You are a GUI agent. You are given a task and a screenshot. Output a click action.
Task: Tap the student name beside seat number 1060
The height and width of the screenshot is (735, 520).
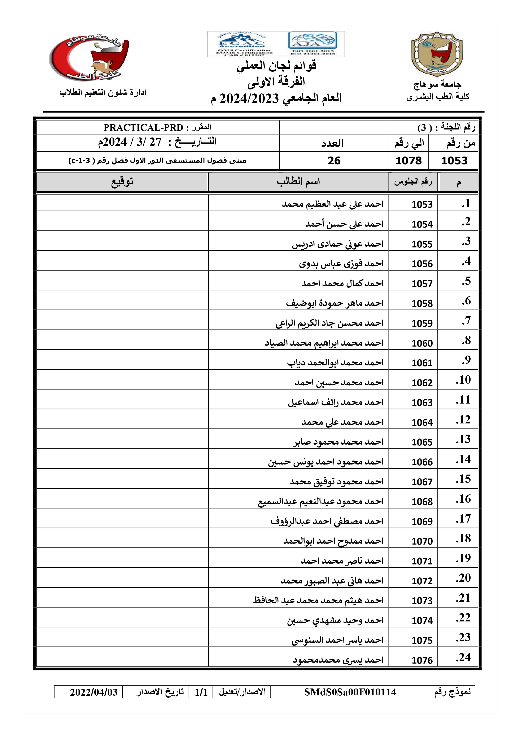click(324, 343)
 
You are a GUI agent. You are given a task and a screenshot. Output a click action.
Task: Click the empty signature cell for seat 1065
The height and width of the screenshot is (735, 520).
click(122, 439)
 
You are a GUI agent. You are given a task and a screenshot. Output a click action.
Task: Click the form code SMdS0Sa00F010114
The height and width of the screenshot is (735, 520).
click(350, 692)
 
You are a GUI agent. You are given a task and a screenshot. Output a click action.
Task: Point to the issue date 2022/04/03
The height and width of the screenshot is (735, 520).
click(94, 692)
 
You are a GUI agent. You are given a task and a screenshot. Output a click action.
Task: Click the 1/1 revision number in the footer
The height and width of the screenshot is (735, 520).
click(201, 692)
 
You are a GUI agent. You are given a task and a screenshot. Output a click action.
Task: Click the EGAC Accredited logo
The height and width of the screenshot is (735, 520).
click(242, 44)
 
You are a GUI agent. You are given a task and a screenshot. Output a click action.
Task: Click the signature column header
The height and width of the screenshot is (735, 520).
click(122, 182)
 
